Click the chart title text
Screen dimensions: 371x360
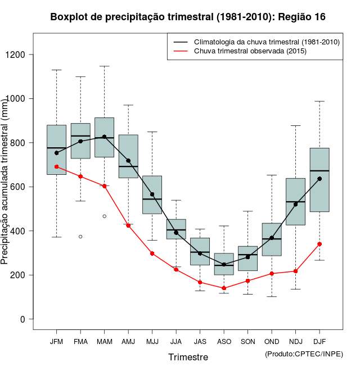187,17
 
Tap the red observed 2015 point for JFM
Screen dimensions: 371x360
57,166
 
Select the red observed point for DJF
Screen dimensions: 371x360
319,244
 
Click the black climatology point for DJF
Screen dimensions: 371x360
319,179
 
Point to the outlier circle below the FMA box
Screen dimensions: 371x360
80,237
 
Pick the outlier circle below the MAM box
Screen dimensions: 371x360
105,216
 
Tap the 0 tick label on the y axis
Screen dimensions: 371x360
23,319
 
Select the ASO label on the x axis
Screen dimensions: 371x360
224,342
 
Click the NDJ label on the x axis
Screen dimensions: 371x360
295,342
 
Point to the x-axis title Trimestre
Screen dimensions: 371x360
188,357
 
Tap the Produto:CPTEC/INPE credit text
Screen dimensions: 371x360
304,354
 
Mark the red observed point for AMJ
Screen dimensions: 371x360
128,225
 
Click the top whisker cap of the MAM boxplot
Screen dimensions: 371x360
105,66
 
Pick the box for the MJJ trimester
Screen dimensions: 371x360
152,194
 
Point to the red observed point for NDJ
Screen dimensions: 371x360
295,271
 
